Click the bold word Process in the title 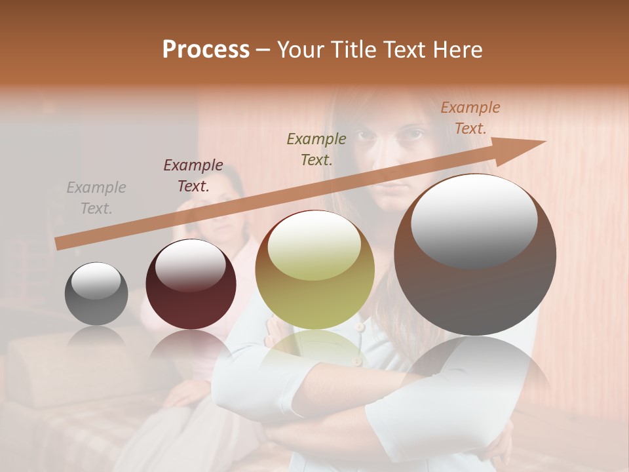pos(206,50)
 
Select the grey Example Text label pos(96,198)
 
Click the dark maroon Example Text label pos(193,176)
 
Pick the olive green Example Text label pos(316,149)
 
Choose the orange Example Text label pos(470,118)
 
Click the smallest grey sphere pos(96,294)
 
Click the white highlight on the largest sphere pos(474,220)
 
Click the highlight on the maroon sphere pos(190,265)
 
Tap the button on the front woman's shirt pos(359,326)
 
